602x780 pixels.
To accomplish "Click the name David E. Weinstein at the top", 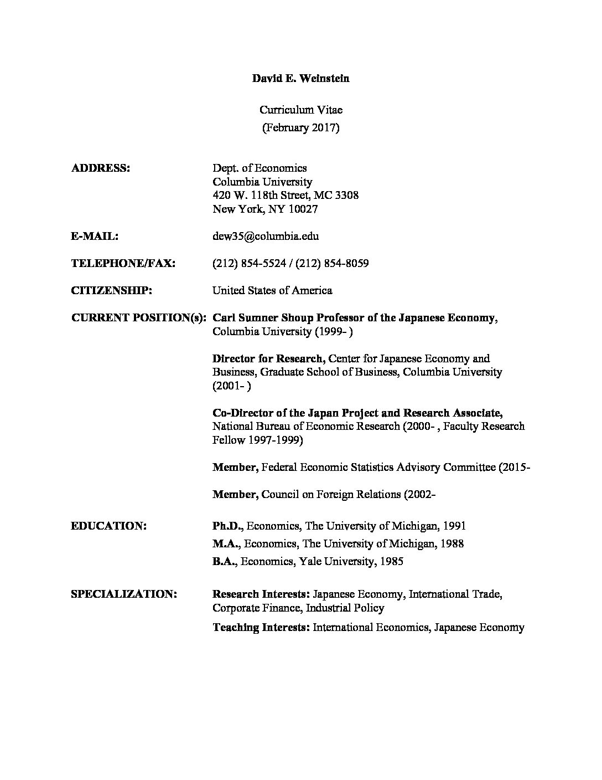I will click(300, 78).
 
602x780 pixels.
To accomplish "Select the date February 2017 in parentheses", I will click(300, 127).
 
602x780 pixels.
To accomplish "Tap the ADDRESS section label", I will click(101, 168).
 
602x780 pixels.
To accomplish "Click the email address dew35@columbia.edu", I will click(266, 236).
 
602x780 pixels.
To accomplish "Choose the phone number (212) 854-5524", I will click(249, 263).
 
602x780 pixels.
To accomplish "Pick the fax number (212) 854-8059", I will click(332, 263).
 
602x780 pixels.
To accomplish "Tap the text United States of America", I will click(272, 290).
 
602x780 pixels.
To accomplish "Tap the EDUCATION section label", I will click(109, 526).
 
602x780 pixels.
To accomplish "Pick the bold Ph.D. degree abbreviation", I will click(226, 526).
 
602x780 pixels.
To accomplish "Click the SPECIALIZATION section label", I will click(124, 594).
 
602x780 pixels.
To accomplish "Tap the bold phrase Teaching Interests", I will click(261, 627).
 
